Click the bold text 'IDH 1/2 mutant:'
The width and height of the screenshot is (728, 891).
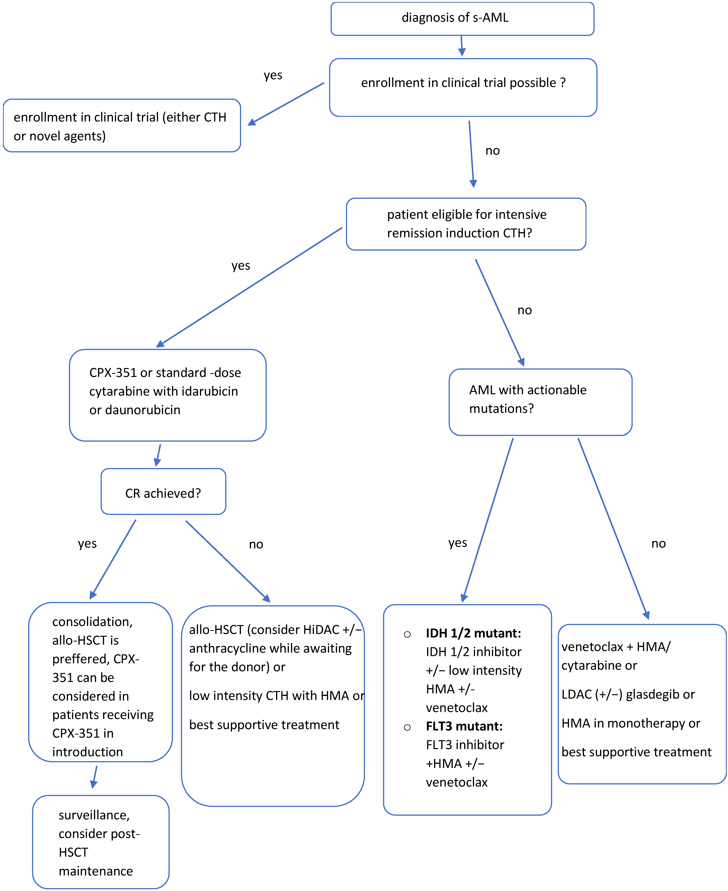473,633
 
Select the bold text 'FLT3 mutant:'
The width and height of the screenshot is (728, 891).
464,726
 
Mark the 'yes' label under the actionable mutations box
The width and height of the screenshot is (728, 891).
458,543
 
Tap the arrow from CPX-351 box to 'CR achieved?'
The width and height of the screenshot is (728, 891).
159,454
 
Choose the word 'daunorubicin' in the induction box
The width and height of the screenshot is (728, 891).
142,410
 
